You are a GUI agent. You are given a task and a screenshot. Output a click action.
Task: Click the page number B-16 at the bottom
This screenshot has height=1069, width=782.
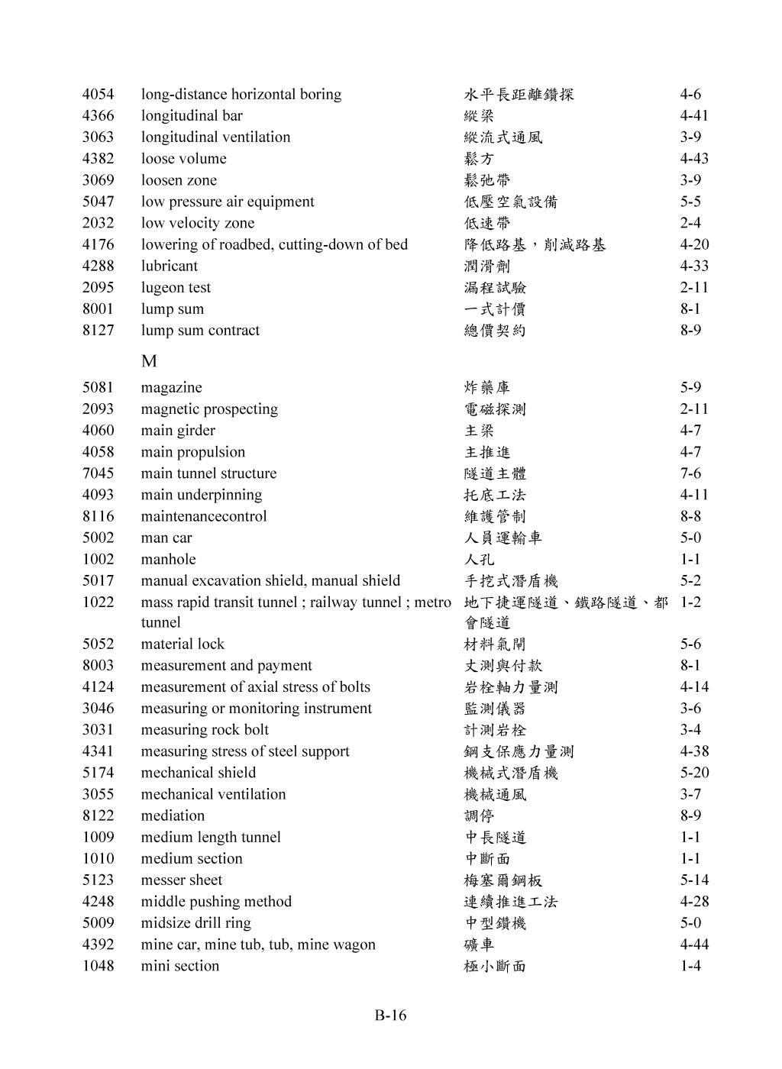(x=390, y=1016)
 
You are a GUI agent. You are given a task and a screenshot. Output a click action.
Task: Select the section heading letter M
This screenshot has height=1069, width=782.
(x=149, y=360)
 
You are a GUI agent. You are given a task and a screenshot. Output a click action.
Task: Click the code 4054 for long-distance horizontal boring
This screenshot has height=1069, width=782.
(x=98, y=95)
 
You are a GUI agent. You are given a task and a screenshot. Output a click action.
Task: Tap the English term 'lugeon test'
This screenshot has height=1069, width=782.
(x=176, y=288)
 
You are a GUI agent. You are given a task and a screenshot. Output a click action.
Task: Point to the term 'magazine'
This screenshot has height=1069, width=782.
(x=171, y=388)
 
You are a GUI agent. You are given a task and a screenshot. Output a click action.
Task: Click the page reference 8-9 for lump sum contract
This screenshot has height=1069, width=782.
(x=690, y=331)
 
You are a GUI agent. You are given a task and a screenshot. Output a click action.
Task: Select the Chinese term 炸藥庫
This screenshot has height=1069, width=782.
(x=487, y=388)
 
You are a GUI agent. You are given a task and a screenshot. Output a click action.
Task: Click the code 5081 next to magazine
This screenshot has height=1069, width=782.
(x=98, y=388)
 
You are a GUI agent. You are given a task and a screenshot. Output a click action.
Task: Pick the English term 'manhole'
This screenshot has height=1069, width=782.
(x=168, y=560)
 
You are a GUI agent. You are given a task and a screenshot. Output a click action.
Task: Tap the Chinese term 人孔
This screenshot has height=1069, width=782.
(x=480, y=560)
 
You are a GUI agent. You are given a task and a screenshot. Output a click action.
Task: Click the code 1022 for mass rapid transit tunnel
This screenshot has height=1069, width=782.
(x=98, y=602)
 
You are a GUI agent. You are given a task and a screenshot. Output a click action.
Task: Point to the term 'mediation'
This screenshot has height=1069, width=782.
(x=173, y=816)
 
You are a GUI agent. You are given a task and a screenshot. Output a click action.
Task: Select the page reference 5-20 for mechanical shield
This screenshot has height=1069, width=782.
(x=694, y=773)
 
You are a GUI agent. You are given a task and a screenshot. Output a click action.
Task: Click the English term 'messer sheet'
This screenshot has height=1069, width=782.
(x=182, y=880)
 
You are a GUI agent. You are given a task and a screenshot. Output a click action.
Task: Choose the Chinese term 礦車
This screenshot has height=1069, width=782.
(x=480, y=945)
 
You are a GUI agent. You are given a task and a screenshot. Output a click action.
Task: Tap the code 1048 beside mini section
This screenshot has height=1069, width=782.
(x=98, y=966)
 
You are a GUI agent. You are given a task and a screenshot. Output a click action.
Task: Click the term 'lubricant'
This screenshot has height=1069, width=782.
(x=169, y=266)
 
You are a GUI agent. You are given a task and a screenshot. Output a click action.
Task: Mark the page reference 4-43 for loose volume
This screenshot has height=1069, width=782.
(x=694, y=159)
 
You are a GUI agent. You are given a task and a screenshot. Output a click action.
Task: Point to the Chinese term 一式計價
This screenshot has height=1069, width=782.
(x=495, y=309)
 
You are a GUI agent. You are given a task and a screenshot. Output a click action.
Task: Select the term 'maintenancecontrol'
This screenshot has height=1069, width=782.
(x=204, y=517)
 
